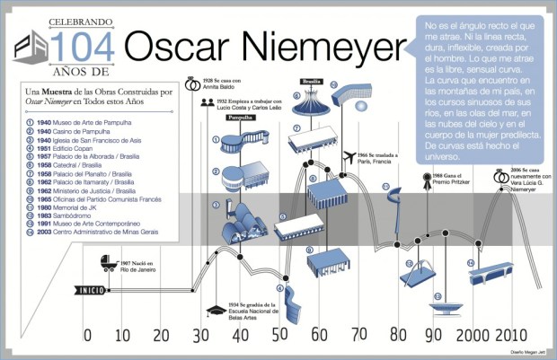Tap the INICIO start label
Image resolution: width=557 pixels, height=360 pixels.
click(91, 290)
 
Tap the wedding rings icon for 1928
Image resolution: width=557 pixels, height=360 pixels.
click(191, 85)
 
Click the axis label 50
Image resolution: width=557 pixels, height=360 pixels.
click(282, 337)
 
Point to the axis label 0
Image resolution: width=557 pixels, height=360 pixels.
click(87, 337)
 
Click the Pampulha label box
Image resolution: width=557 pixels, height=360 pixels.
click(238, 117)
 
